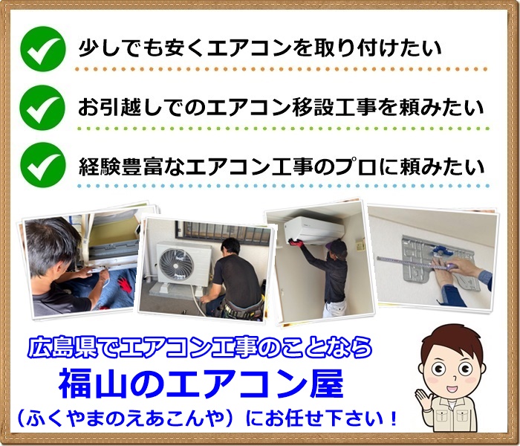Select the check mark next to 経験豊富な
pos(42,166)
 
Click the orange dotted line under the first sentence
pos(282,69)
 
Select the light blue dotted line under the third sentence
pos(282,185)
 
